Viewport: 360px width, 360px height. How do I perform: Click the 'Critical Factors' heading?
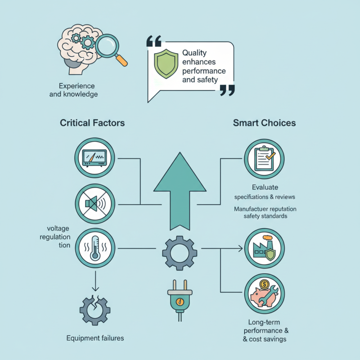pyautogui.click(x=92, y=123)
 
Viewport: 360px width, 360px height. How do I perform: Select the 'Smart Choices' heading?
pyautogui.click(x=264, y=123)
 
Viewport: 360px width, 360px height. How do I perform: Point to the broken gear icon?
pyautogui.click(x=95, y=308)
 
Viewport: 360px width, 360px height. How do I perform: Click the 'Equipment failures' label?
pyautogui.click(x=95, y=338)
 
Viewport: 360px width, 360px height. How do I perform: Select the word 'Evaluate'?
pyautogui.click(x=265, y=187)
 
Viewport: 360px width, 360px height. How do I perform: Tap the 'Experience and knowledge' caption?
pyautogui.click(x=78, y=90)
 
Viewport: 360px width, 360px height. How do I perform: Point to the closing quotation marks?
pyautogui.click(x=227, y=90)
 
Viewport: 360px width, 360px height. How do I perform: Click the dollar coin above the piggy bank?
pyautogui.click(x=264, y=284)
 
